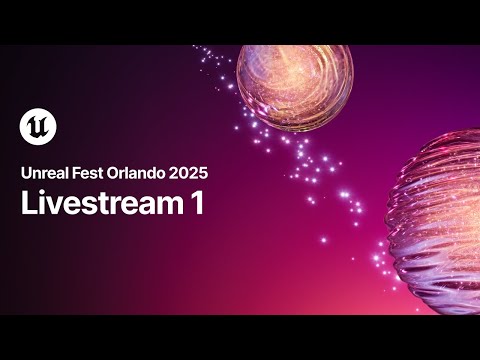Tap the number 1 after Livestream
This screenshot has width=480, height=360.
197,203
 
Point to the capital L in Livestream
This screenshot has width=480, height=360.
27,203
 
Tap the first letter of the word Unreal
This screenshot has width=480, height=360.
25,171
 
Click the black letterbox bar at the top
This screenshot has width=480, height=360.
240,21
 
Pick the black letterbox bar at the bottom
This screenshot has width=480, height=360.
240,338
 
